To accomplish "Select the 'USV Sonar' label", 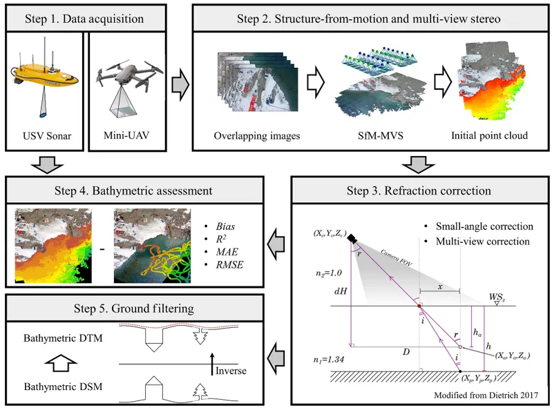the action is [x=47, y=136].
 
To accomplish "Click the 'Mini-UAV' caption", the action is [x=126, y=135].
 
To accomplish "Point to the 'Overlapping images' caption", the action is [x=257, y=136].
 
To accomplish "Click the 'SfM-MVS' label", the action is [x=380, y=136].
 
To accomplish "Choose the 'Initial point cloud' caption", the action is [x=489, y=136].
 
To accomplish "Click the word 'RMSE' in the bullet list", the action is [x=229, y=265].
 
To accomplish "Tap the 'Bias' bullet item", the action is [x=225, y=226].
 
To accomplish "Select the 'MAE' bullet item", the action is [x=227, y=252].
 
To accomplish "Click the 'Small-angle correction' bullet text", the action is [x=484, y=226].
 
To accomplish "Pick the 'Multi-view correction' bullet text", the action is [x=483, y=242].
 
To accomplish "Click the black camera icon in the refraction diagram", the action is [x=352, y=239].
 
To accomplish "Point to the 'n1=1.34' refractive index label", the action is [x=328, y=360].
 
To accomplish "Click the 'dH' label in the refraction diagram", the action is [x=341, y=291].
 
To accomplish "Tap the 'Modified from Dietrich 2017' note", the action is [x=486, y=396].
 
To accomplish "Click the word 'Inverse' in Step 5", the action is [x=231, y=371].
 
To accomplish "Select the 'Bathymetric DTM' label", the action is [x=63, y=338].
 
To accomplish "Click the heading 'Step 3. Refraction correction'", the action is [x=419, y=191].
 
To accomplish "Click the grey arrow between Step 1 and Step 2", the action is [x=180, y=85].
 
